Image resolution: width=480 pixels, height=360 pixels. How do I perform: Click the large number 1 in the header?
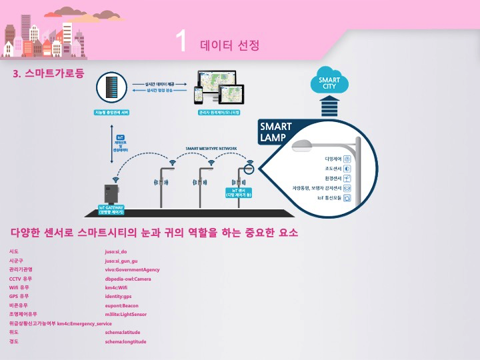(x=180, y=42)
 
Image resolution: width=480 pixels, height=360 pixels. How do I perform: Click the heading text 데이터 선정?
(x=229, y=45)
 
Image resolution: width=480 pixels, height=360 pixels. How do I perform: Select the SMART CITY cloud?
(x=329, y=83)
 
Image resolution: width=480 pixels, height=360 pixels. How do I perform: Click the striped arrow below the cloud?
(x=329, y=107)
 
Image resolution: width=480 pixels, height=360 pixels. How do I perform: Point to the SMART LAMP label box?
(x=276, y=132)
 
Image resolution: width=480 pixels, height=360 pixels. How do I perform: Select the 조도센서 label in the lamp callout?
(x=332, y=169)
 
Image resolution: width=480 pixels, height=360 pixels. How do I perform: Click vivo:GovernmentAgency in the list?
(x=133, y=269)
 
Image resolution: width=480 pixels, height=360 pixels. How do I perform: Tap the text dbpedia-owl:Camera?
(x=128, y=278)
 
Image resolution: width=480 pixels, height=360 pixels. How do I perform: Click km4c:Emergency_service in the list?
(x=85, y=323)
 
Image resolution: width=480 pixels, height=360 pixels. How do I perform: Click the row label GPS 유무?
(x=19, y=296)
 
